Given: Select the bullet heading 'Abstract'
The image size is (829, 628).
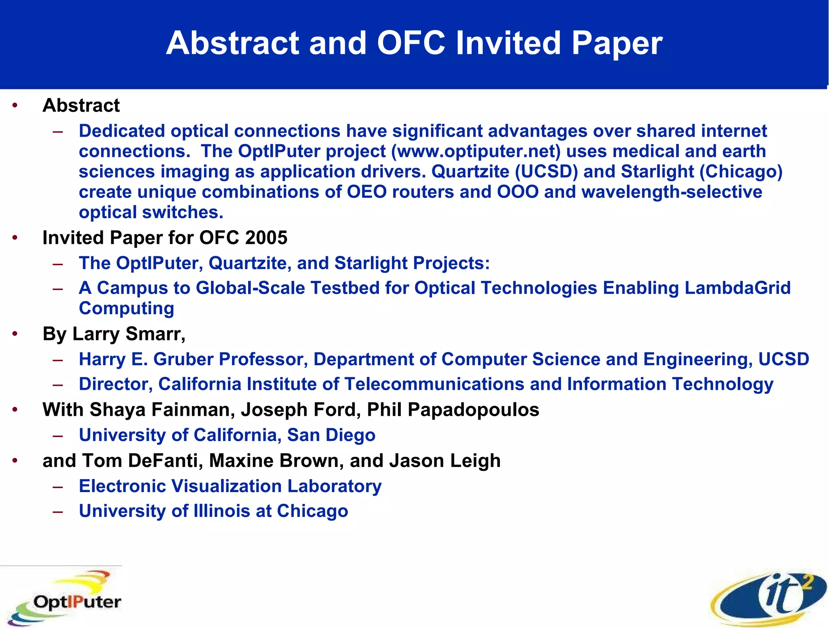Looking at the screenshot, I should [81, 106].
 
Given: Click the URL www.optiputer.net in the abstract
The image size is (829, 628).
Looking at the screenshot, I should [478, 152].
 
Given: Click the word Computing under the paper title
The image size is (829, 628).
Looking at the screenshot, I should [126, 309].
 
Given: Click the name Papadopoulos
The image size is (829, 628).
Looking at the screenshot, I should [473, 410].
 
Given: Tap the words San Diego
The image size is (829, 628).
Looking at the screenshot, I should [331, 436].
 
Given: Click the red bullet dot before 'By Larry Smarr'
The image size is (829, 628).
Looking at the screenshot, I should [15, 334].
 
